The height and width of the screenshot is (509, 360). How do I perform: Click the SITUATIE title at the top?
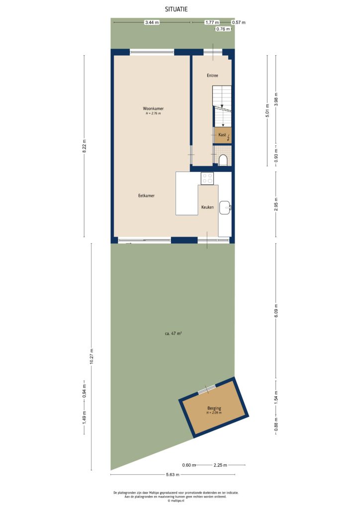point(177,9)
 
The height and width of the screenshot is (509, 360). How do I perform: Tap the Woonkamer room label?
point(153,108)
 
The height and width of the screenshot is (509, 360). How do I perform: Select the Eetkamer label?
point(146,196)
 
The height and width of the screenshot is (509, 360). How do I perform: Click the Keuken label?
point(207,207)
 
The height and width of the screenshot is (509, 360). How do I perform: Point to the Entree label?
point(212,76)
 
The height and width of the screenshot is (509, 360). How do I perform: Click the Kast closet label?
point(222,135)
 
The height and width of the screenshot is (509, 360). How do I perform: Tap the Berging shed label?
point(214,409)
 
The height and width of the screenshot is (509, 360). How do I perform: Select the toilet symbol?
point(223,160)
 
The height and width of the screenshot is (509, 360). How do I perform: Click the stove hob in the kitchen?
point(207,178)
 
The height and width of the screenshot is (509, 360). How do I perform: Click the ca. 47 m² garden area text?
point(173,334)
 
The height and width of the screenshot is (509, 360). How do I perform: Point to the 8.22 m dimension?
point(84,146)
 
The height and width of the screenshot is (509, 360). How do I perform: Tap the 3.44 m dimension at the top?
point(152,22)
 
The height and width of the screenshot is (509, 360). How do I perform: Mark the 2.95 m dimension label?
point(276,204)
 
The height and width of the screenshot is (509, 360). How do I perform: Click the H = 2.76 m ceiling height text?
point(153,114)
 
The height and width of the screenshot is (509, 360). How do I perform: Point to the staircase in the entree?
point(222,105)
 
